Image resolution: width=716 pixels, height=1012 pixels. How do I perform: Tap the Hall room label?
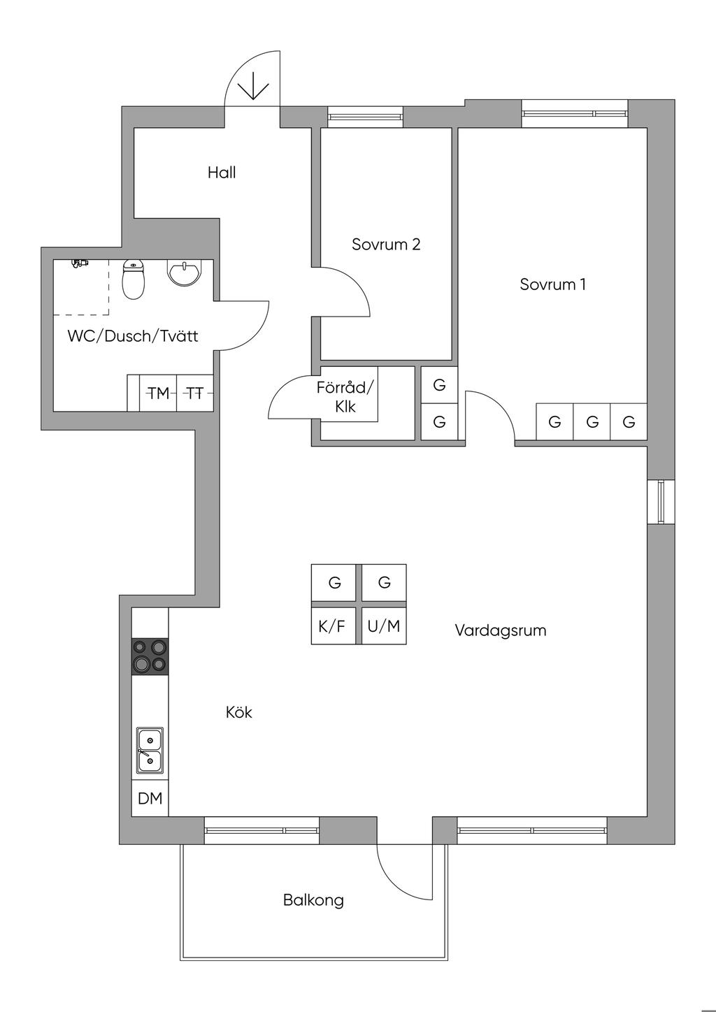(222, 173)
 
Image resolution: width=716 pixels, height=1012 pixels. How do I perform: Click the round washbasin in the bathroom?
(185, 272)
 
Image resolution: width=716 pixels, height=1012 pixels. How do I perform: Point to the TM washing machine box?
(159, 393)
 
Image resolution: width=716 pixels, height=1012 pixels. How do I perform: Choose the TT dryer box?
(195, 393)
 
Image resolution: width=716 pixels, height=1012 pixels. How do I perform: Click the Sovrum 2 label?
(386, 245)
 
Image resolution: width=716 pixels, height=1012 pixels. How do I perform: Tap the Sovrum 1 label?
(552, 284)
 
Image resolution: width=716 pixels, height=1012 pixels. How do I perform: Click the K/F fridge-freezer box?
(332, 626)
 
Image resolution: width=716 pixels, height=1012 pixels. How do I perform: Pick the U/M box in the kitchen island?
(384, 626)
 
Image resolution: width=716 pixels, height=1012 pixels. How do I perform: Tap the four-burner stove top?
(150, 656)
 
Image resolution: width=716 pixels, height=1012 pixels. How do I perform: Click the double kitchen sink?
(150, 750)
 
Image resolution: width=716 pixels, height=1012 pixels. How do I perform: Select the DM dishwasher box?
(150, 797)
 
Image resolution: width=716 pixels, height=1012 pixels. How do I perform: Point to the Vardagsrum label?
(500, 630)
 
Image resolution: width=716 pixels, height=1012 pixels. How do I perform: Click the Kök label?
(238, 712)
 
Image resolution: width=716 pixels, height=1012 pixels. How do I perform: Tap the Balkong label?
(313, 899)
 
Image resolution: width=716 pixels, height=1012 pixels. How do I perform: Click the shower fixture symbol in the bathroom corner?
(80, 263)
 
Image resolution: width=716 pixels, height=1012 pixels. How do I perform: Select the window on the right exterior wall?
(661, 501)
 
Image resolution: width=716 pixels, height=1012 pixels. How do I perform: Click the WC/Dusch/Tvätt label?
(132, 336)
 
